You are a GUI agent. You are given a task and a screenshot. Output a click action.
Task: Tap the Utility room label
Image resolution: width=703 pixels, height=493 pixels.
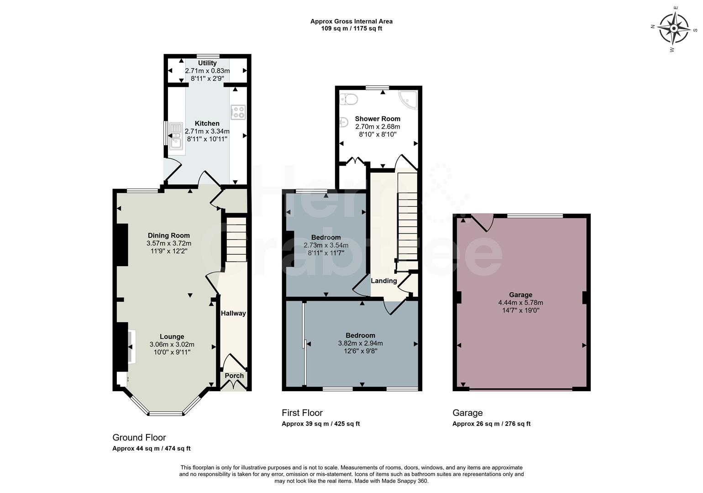tap(207, 63)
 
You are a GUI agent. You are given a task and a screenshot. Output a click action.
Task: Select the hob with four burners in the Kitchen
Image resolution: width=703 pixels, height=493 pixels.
tap(238, 112)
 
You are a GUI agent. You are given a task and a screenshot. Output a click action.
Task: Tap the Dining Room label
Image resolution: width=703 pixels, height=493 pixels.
tap(168, 236)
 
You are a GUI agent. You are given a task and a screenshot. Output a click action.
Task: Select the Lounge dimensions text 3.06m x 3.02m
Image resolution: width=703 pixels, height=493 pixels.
tap(172, 345)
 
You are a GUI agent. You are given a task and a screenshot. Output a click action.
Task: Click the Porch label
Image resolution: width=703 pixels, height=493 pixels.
tap(234, 376)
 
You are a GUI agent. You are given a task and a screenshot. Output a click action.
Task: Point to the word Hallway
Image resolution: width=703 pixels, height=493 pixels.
tap(233, 313)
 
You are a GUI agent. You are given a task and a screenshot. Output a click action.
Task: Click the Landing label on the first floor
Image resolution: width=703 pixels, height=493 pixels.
tap(383, 281)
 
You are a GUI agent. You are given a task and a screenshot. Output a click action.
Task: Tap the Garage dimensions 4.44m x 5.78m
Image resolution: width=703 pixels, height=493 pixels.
tap(520, 303)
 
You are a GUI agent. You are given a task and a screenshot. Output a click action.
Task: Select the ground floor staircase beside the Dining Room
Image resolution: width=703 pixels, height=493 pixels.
tap(236, 240)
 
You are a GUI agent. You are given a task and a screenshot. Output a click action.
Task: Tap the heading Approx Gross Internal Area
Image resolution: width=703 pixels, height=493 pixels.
tap(351, 21)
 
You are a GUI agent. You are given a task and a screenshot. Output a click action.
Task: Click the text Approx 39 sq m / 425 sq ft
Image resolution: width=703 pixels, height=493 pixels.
tap(320, 424)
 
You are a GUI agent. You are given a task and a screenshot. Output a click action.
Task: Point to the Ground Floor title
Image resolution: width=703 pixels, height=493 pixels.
tap(139, 437)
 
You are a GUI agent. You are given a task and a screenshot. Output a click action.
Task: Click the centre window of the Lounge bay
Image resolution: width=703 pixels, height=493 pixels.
tap(166, 414)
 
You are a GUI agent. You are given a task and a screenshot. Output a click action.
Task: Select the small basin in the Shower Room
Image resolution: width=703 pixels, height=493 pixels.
tap(343, 122)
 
